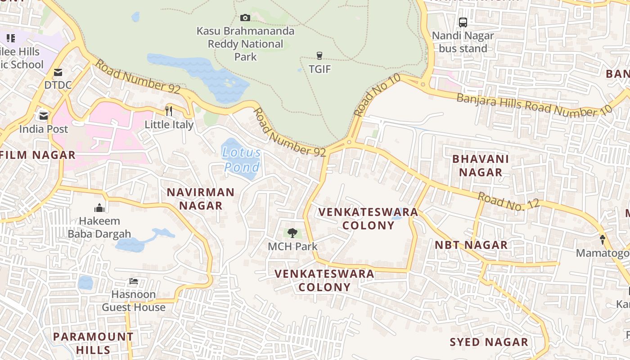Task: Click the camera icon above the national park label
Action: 245,18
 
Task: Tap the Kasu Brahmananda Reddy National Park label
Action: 246,44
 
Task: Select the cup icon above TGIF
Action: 319,56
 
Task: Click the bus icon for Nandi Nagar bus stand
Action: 463,22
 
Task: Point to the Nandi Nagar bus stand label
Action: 463,42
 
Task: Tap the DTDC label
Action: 58,85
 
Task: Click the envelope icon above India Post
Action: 44,116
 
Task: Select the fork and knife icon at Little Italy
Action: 169,111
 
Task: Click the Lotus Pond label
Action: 242,160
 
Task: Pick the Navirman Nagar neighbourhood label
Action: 201,199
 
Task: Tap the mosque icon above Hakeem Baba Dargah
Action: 99,208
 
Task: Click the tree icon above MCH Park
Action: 292,233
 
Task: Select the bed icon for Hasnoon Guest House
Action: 134,282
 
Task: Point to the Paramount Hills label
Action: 93,343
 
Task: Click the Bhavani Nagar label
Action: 481,165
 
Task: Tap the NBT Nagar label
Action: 471,245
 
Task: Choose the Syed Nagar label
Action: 489,342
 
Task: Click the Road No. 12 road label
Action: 508,201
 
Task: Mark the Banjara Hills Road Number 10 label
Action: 534,104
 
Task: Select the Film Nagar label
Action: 38,155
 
